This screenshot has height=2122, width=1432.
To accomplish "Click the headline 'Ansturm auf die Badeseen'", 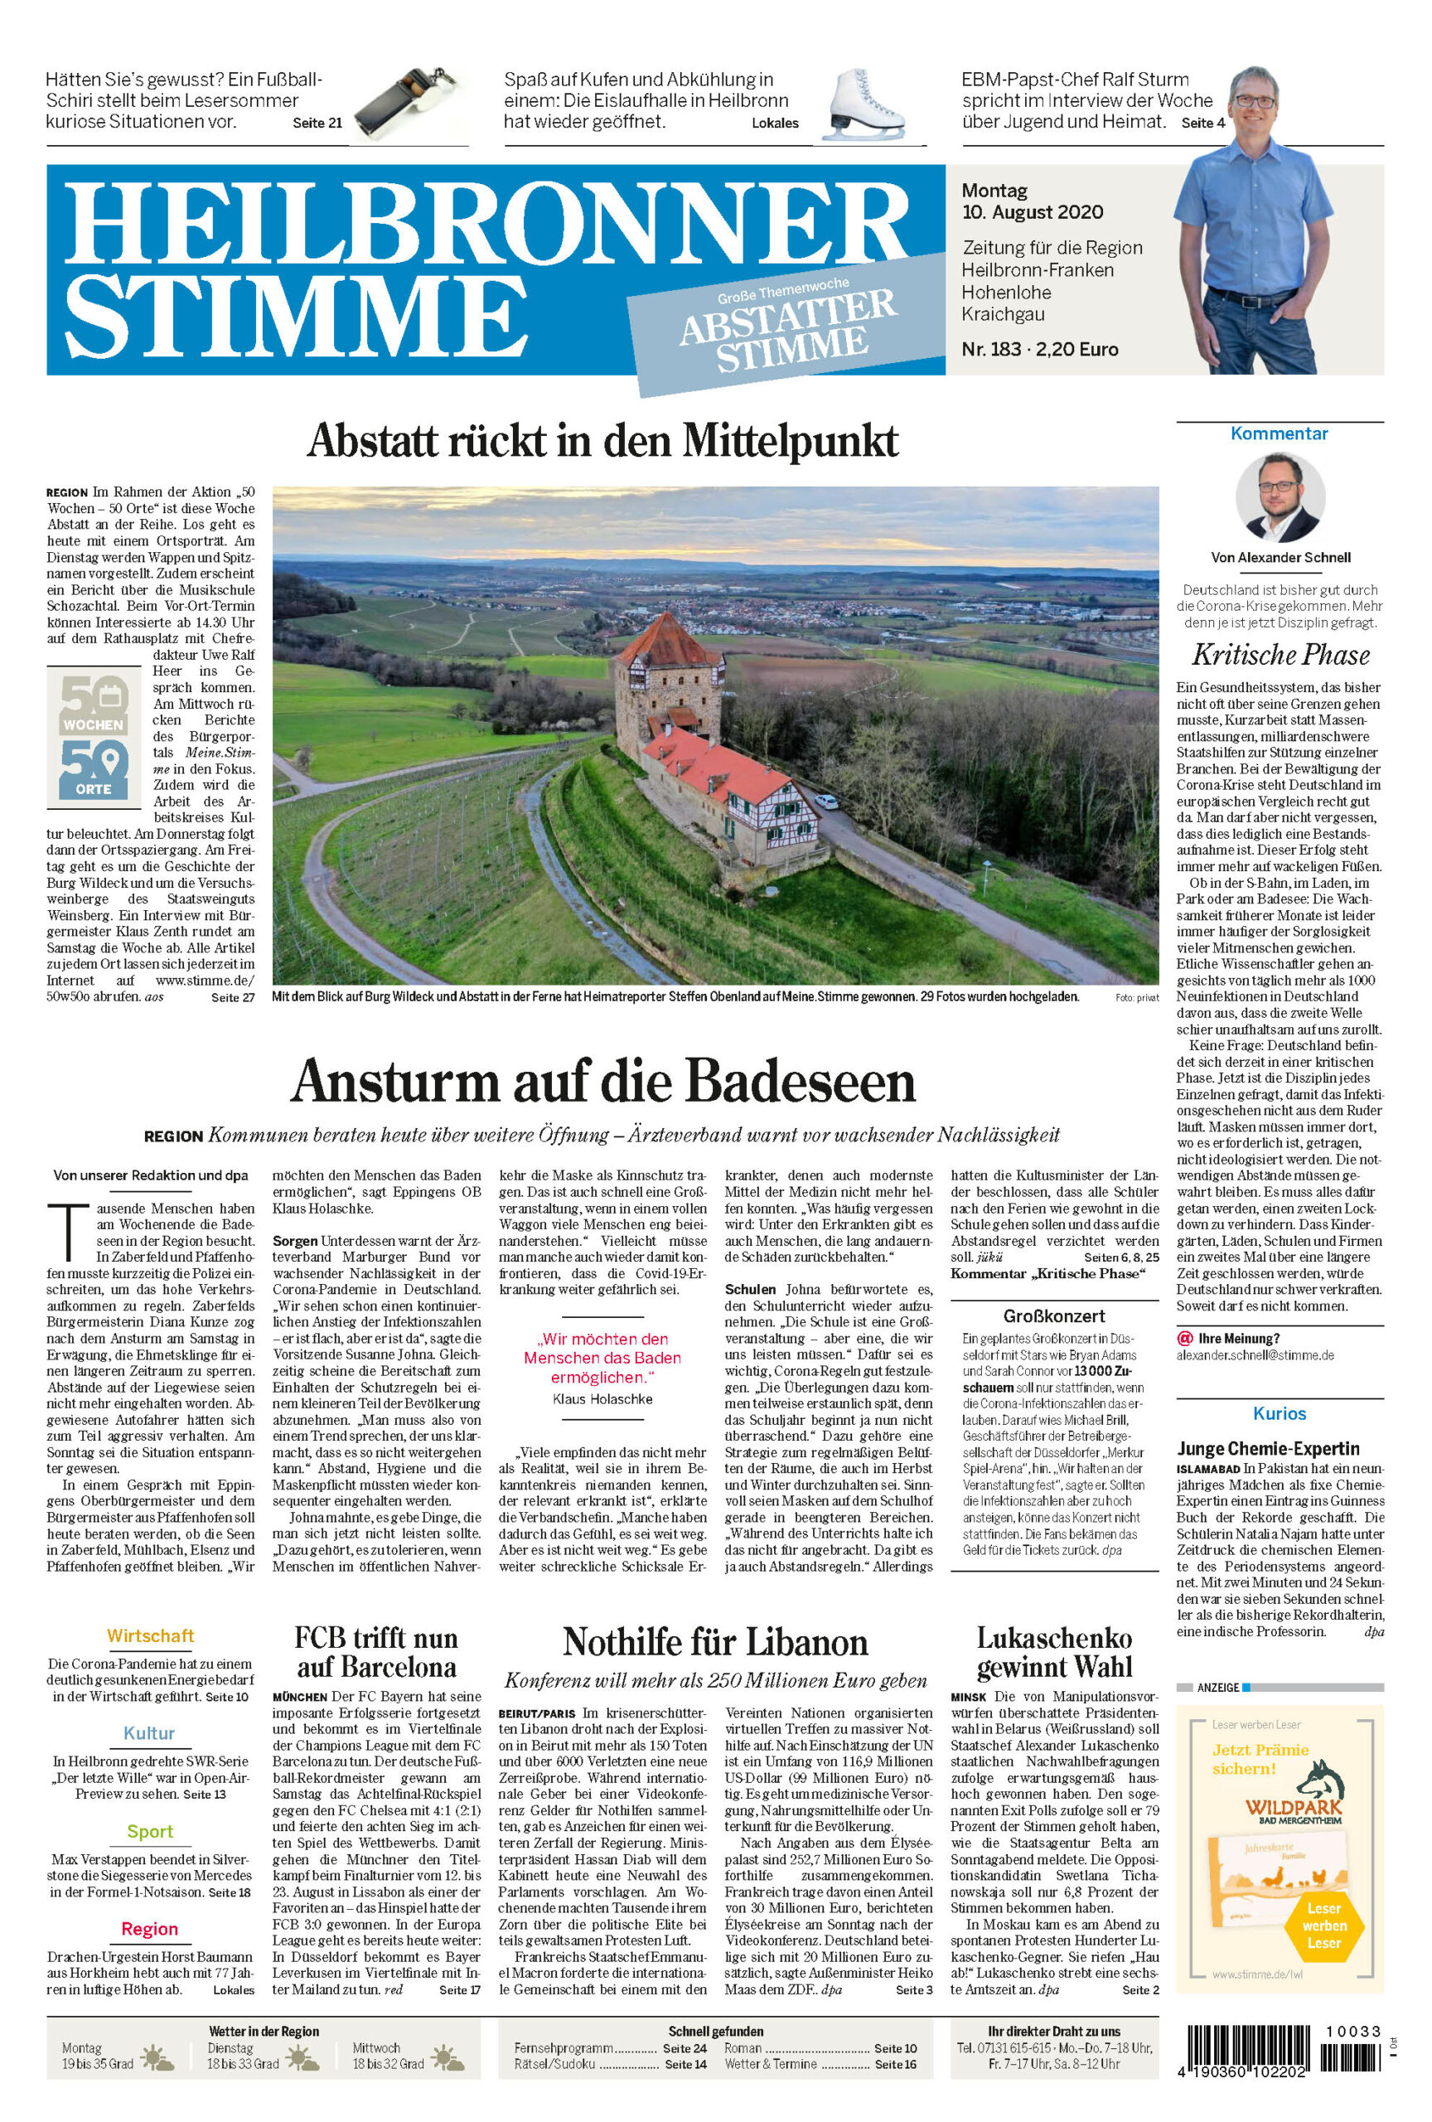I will coord(602,1081).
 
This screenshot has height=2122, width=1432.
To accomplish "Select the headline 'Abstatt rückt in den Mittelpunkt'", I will coord(602,441).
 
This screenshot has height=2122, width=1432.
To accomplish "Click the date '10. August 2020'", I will coord(1032,213).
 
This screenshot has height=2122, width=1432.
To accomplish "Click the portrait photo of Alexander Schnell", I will coord(1280,498).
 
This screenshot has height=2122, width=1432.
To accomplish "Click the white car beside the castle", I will coord(825,802).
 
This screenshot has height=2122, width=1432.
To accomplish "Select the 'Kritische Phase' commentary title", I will coord(1280,655).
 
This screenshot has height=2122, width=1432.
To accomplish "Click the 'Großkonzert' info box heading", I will coord(1053,1315).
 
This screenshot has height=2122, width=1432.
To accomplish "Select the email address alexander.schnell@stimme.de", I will coord(1255,1355).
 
